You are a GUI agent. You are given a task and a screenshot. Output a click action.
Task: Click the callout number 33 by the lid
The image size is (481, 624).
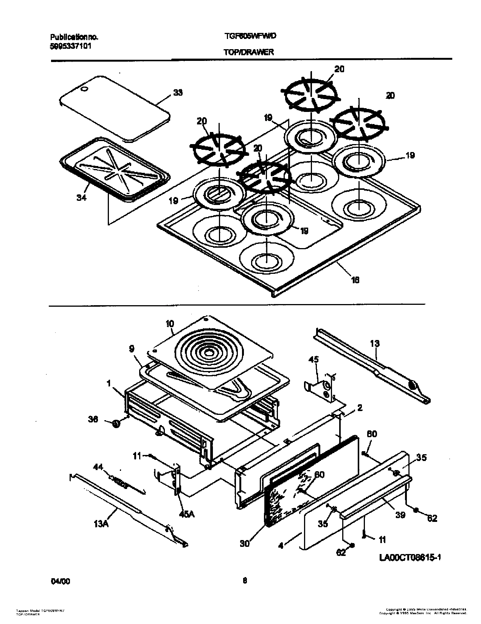pyautogui.click(x=177, y=93)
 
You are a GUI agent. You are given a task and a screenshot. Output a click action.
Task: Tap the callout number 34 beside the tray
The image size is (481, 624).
pyautogui.click(x=81, y=197)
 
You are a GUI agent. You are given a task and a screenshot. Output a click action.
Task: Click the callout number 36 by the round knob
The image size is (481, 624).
pyautogui.click(x=93, y=419)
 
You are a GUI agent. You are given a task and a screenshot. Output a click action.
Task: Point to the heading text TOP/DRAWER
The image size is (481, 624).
pyautogui.click(x=248, y=53)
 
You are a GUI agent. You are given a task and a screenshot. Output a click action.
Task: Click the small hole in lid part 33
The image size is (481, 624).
pyautogui.click(x=85, y=89)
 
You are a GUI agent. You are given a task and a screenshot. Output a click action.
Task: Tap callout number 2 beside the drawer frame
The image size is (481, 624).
pyautogui.click(x=360, y=408)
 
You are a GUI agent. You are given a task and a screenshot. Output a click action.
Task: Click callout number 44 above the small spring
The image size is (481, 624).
pyautogui.click(x=98, y=468)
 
